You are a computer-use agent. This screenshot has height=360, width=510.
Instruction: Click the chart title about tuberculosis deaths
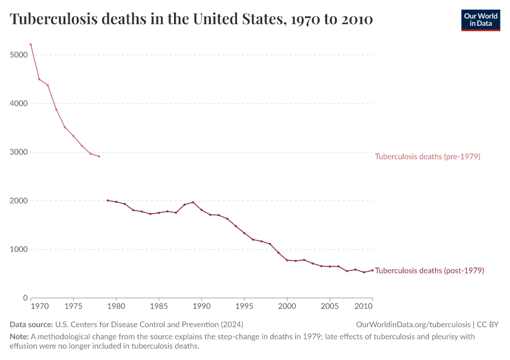pos(191,20)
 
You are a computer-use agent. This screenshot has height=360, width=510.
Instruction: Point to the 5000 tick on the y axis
pos(18,55)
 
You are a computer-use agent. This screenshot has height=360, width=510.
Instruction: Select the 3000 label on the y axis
pos(18,152)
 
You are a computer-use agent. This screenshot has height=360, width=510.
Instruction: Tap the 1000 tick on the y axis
pos(18,249)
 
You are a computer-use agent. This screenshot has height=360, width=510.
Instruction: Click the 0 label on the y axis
pos(25,298)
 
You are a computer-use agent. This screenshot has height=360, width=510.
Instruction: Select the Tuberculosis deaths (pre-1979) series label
pos(427,157)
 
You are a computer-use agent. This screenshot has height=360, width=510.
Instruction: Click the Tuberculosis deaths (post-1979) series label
pos(429,271)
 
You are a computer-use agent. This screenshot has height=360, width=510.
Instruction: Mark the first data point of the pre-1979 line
pos(31,44)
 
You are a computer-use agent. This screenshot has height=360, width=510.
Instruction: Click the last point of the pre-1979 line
pos(99,156)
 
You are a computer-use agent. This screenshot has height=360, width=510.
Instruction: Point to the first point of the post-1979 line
pos(107,200)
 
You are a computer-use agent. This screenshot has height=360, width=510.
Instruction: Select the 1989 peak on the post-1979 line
pos(193,202)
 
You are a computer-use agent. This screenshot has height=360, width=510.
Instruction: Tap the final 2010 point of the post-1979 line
pos(372,270)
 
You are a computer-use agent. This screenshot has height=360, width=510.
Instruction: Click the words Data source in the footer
pos(31,325)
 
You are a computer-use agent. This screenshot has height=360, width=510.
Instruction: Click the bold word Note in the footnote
pos(19,337)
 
